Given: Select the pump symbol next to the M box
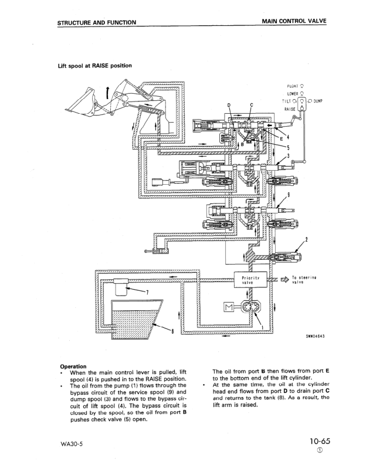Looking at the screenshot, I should (253, 308).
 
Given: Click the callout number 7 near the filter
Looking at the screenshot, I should (148, 291).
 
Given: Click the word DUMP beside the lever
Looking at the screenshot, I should (318, 100).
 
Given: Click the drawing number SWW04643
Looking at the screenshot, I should (313, 337).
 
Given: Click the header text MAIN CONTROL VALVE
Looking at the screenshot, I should (293, 22).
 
